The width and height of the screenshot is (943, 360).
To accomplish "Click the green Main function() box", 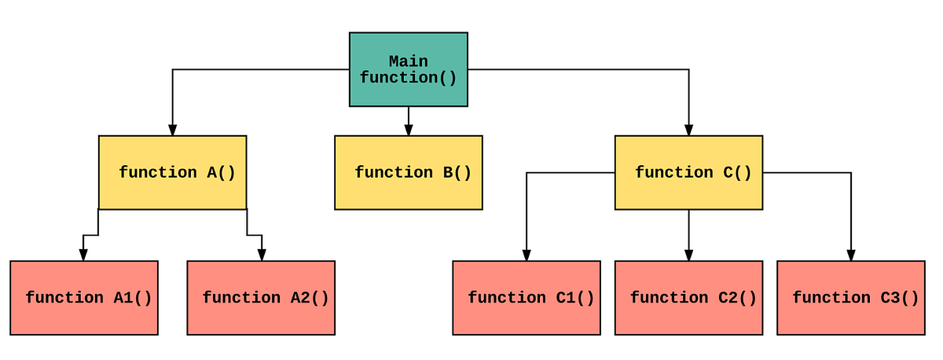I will [408, 69].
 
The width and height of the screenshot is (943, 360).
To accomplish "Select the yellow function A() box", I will [172, 172].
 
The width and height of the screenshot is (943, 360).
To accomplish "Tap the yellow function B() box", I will [408, 172].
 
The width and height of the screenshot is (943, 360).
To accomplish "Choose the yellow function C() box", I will [688, 172].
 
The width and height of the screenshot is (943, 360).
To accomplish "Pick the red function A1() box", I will [84, 298].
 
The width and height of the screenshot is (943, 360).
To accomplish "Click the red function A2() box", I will [261, 298].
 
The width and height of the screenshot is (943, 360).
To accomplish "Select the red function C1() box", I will [527, 298].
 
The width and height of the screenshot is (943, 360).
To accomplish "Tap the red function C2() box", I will [688, 298].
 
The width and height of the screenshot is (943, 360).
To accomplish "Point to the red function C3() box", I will [850, 298].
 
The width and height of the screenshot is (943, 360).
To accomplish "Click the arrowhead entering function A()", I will [172, 130].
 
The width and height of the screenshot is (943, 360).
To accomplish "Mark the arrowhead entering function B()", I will [408, 130].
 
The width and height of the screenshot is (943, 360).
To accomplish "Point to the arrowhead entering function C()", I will [688, 130].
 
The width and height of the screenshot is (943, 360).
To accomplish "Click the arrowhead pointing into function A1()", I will [83, 255].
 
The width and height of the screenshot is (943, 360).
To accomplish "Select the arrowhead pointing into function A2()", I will [262, 255].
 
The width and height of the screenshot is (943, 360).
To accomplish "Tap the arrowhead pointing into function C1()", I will [527, 255].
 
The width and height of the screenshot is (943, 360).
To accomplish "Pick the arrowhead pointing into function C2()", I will [688, 255].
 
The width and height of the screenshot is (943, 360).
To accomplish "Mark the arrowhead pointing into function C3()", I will [850, 255].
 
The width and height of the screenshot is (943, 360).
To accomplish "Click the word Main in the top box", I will [409, 61].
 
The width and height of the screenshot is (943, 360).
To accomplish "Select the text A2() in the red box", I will [310, 298].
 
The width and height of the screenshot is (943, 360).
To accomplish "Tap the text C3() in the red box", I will [899, 298].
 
